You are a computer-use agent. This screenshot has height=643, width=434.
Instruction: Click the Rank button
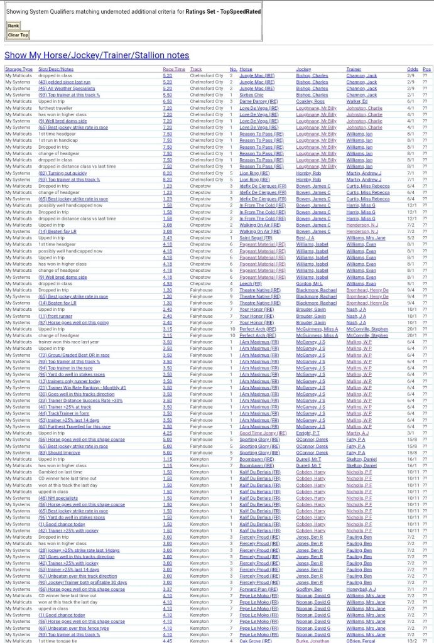pos(13,26)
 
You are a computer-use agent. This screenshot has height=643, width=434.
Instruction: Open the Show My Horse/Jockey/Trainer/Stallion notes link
pos(97,55)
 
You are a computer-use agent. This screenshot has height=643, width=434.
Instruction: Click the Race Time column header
pos(174,69)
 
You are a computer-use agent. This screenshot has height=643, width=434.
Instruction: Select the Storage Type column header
pos(19,69)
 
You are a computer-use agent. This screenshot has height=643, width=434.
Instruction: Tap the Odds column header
pos(412,69)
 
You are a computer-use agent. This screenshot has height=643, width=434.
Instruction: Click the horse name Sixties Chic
pos(251,95)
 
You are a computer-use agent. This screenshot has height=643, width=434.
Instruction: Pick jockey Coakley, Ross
pos(310,101)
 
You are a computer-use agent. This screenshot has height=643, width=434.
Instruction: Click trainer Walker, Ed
pos(357,101)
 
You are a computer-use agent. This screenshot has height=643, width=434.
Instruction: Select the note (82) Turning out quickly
pos(63,173)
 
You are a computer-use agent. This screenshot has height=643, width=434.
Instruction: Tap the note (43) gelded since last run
pos(65,82)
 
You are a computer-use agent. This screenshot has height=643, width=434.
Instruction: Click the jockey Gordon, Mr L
pos(309,283)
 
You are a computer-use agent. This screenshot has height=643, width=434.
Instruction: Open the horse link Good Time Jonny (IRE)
pos(263,433)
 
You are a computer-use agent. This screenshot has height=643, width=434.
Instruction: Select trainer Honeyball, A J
pos(361,589)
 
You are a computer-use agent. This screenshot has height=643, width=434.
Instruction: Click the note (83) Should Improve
pos(59,452)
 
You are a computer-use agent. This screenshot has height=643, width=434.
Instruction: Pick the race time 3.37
pos(167,589)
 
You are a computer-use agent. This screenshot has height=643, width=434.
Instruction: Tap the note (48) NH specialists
pos(58,498)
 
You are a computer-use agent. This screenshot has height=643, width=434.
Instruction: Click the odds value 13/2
pos(412,640)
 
